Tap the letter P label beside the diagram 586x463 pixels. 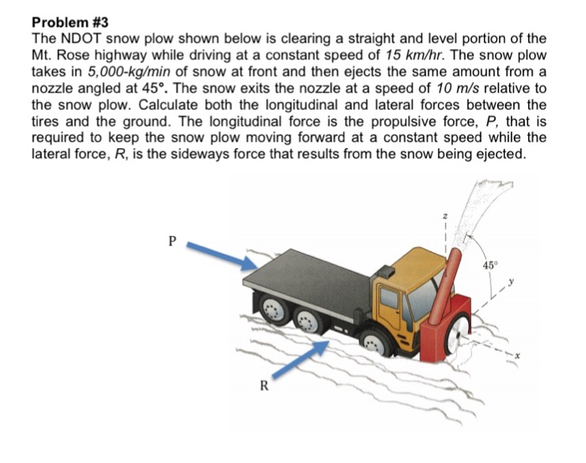[x=172, y=239]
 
